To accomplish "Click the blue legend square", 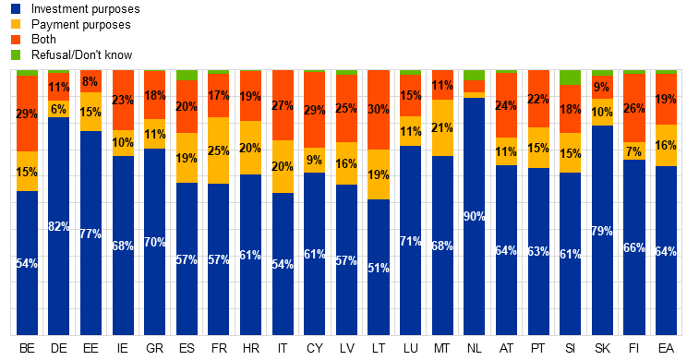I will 16,8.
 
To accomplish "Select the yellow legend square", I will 16,24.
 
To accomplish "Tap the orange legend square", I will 16,40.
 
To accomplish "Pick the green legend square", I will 16,55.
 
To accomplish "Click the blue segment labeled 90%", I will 474,216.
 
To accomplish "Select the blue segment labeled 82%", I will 59,226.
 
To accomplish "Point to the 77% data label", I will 90,234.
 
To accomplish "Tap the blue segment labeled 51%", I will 378,268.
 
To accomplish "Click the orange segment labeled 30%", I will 378,109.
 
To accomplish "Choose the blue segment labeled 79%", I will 602,231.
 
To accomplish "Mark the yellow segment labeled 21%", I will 442,128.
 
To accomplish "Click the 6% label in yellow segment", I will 59,110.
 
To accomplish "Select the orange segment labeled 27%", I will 283,105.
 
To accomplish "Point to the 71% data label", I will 410,242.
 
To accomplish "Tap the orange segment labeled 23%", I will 123,100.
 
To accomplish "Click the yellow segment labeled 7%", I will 633,151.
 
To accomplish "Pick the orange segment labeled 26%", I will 633,108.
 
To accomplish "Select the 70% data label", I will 155,243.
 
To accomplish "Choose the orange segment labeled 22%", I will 538,99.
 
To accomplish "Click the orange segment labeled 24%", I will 506,105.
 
